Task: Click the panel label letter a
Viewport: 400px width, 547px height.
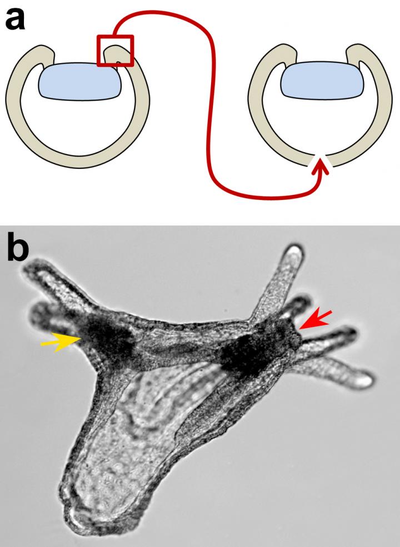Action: tap(14, 19)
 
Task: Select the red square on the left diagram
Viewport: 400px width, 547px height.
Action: tap(115, 50)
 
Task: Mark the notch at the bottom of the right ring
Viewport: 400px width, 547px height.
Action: tap(321, 160)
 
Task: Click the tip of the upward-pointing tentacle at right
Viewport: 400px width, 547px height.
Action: tap(296, 249)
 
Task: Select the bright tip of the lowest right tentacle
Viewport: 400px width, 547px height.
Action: tap(364, 379)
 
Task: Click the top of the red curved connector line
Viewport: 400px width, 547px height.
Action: tap(157, 12)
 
